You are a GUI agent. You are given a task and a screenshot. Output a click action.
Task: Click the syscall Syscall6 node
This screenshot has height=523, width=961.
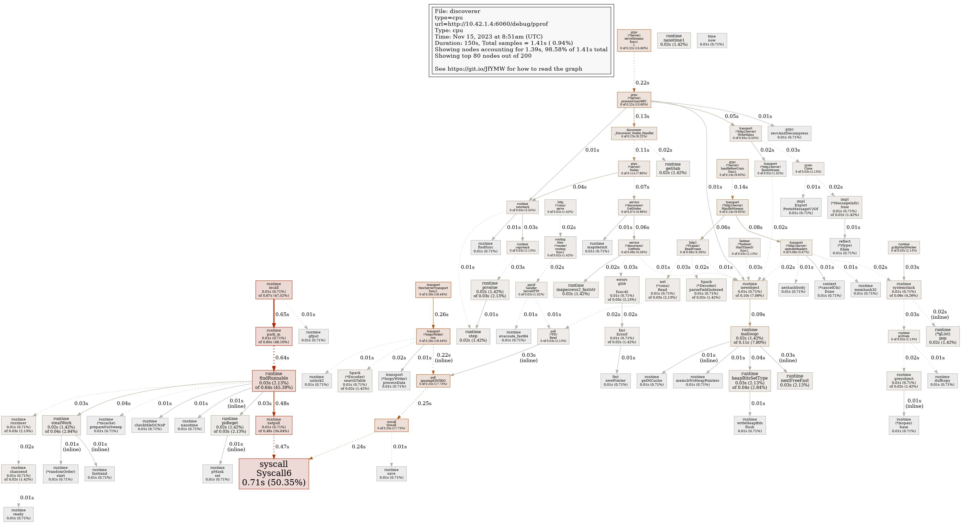tap(274, 473)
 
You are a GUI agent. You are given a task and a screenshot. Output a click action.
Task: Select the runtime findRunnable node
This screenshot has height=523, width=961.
tap(274, 381)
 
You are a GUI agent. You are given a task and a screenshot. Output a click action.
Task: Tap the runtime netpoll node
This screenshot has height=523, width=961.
tap(274, 425)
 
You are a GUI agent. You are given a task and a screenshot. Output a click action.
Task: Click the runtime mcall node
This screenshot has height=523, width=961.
tap(274, 290)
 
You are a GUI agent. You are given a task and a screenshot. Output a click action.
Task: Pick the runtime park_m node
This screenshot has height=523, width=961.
tap(274, 336)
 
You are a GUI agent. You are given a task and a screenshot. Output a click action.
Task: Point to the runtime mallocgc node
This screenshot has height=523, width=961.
tap(750, 336)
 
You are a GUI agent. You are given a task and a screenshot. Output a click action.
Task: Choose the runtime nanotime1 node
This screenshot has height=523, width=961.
tap(674, 40)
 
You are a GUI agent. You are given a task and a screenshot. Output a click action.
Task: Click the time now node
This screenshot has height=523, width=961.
tap(712, 40)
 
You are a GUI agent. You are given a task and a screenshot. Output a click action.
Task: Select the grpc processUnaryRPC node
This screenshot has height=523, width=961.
tap(634, 100)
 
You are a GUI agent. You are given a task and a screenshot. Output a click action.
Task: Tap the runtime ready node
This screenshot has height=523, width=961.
tap(18, 514)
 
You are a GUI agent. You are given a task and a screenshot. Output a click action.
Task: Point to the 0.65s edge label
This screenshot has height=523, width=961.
tap(282, 314)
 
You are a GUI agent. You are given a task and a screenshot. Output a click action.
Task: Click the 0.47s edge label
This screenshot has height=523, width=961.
tap(282, 447)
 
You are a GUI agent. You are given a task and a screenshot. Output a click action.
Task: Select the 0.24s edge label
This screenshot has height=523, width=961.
tap(359, 447)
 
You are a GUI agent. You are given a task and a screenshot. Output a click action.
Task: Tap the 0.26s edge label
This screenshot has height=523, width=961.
tap(441, 314)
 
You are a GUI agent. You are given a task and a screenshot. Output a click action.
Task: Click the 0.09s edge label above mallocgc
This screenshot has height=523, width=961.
tap(758, 314)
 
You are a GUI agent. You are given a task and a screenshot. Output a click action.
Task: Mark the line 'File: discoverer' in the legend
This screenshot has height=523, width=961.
tap(457, 11)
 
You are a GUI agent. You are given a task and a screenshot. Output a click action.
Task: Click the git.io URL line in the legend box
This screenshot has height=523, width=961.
tap(508, 69)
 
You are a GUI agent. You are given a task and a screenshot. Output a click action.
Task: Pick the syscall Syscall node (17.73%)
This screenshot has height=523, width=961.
tap(391, 425)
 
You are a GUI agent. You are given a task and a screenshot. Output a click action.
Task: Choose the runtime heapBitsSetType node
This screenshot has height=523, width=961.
tap(750, 381)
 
